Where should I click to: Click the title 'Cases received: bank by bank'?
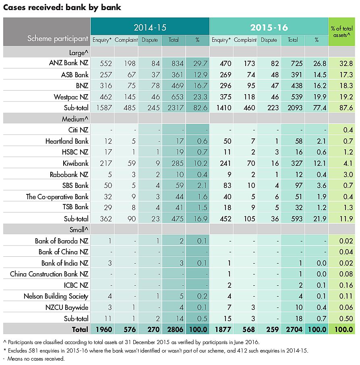pyautogui.click(x=62, y=7)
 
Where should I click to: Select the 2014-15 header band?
pyautogui.click(x=150, y=27)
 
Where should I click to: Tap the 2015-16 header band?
pyautogui.click(x=269, y=27)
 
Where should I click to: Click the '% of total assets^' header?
pyautogui.click(x=341, y=32)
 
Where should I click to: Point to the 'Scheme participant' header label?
pyautogui.click(x=58, y=39)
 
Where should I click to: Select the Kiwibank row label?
pyautogui.click(x=75, y=163)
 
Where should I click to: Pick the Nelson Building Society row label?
pyautogui.click(x=56, y=296)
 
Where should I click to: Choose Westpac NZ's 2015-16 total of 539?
pyautogui.click(x=293, y=97)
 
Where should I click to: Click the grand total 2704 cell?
pyautogui.click(x=293, y=329)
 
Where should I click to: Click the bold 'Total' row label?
pyautogui.click(x=80, y=329)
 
